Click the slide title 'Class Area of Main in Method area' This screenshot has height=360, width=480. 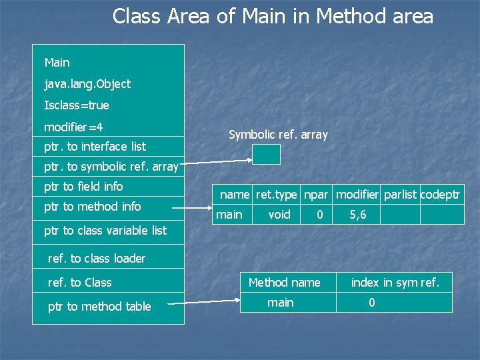coord(273,16)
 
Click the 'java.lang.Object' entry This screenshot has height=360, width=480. coord(87,84)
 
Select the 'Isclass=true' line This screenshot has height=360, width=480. coord(77,105)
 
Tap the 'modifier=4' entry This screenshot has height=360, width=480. coord(73,127)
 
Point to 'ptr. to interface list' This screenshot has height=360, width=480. coord(95,146)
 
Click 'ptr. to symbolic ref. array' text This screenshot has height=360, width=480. coord(111,167)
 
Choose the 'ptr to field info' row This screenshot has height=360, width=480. coord(83,187)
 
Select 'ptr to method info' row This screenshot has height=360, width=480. coord(92,207)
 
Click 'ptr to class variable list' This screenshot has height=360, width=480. coord(105,231)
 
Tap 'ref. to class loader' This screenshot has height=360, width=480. coord(97,258)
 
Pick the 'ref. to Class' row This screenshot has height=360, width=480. coord(80,283)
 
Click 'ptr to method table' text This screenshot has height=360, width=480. coord(99,307)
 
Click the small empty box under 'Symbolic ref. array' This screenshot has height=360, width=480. coord(266,154)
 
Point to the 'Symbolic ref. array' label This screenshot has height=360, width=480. coord(278,135)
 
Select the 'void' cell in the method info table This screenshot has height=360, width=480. coord(279,215)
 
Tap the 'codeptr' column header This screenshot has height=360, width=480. coord(440,195)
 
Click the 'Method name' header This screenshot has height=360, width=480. coord(284,283)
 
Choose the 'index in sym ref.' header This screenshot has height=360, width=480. coord(395,283)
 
